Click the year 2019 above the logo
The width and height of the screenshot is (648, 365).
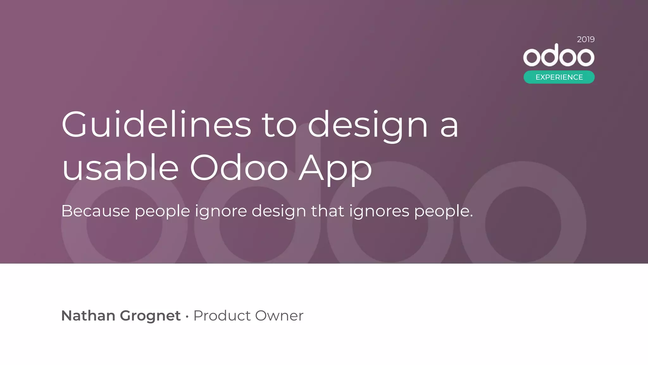[586, 39]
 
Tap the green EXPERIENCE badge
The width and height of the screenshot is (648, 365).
[559, 77]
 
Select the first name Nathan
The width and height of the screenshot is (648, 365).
[88, 316]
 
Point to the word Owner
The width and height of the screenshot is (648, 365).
[279, 316]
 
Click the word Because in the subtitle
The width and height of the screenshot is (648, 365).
[96, 211]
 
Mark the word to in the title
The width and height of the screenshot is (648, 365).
[279, 125]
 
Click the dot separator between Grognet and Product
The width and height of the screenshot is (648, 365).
[187, 316]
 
